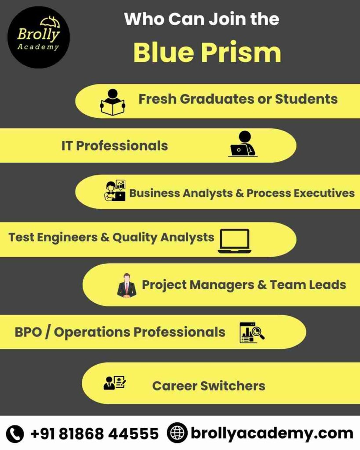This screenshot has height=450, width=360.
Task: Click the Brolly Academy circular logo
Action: point(39,37)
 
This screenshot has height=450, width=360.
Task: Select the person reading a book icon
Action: point(113,102)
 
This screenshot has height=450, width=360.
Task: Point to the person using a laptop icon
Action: point(242,144)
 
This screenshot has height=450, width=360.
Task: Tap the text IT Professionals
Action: point(115,146)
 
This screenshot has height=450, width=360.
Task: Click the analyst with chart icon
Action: point(115,191)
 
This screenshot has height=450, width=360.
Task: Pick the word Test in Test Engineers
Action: point(21,237)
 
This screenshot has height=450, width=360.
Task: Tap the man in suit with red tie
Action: point(127,286)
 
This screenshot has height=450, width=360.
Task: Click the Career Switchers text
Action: point(208,386)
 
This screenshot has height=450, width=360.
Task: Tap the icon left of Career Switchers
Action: point(114,383)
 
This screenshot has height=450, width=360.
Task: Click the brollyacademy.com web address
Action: point(272,434)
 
